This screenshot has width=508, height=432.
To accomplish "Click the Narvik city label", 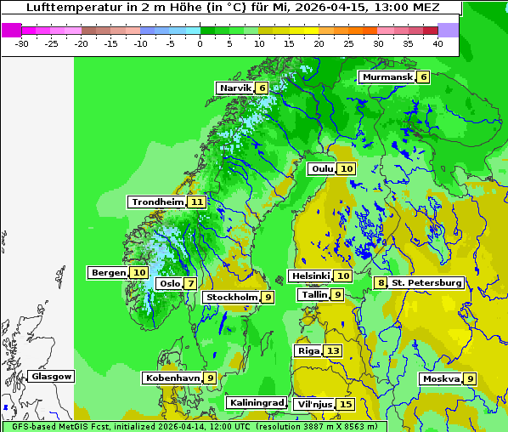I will pos(235,88).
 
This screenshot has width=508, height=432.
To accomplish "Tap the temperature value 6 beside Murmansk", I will pos(424,77).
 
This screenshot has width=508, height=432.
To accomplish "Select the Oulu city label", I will pos(323,168).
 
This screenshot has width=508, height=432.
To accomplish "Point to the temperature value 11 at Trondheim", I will pos(197,202).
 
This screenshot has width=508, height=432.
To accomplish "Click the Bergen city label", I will pos(108,272).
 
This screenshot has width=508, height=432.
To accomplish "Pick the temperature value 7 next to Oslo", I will pos(191,283).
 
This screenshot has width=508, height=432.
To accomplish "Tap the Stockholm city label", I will pos(231,297).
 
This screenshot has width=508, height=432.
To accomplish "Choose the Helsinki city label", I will pos(310,276).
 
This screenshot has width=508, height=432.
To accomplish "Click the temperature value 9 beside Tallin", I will pos(337,294).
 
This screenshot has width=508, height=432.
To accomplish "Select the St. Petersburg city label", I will pos(426,282).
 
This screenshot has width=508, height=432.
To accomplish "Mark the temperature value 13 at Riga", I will pos(333,350).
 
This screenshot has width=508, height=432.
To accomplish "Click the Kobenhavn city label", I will pos(172,377).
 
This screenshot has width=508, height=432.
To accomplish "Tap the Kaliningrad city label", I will pos(256,402).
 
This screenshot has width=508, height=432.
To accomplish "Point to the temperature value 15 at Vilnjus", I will pos(345,404).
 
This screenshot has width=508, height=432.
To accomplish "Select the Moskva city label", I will pos(441,378).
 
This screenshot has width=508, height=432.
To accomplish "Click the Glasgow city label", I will pos(52,376).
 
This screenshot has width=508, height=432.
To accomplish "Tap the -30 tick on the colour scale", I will pos(22,43).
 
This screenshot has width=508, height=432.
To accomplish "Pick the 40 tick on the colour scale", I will pos(437,43).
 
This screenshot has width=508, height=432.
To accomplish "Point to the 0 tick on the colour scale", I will pos(200,43).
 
